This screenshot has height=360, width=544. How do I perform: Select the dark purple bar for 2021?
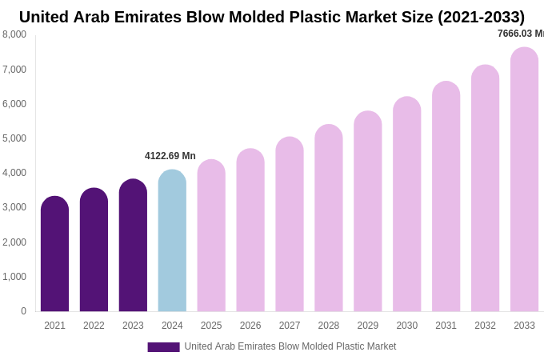pos(54,254)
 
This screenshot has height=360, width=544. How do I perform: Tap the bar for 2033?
pos(524,179)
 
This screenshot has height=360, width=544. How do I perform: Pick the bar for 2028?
pos(329,218)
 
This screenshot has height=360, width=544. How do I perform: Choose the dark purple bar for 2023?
pos(133,245)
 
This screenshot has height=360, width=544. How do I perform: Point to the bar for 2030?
pos(406,204)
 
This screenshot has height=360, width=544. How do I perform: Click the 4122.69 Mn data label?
pos(170,156)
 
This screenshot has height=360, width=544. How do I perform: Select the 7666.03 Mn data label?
pos(521,34)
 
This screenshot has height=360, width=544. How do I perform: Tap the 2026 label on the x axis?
pos(250,326)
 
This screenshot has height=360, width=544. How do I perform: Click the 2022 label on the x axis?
pos(94,326)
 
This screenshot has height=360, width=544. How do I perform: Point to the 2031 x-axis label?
pos(446,326)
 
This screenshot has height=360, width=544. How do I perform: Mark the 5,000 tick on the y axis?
pos(14,138)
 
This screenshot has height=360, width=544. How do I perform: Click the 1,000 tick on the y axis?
pos(14,277)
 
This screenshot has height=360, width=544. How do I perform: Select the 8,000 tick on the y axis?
pos(14,34)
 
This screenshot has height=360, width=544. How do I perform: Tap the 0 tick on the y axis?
pos(23,311)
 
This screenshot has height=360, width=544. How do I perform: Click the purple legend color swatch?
pos(163,347)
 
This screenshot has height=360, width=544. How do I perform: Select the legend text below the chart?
pos(290,346)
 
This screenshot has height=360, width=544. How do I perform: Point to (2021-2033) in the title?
pos(481,17)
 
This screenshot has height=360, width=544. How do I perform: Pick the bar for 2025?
pos(211,235)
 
